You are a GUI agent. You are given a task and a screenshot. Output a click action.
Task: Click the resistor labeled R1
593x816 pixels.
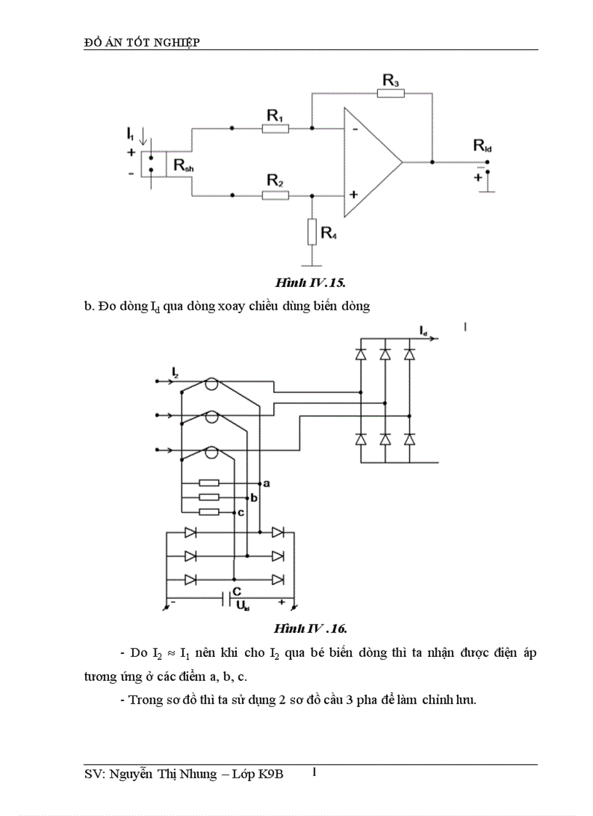pyautogui.click(x=275, y=129)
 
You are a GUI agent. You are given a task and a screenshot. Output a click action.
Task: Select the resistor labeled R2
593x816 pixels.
pyautogui.click(x=275, y=195)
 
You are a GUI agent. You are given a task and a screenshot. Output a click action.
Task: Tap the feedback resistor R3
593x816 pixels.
pyautogui.click(x=391, y=93)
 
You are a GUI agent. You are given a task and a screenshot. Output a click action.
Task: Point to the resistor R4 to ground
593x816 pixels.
pyautogui.click(x=312, y=233)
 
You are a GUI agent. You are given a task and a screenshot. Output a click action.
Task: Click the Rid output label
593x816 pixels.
pyautogui.click(x=483, y=145)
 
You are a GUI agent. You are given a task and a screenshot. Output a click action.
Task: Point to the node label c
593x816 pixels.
pyautogui.click(x=240, y=514)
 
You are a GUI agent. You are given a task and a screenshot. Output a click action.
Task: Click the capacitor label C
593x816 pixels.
pyautogui.click(x=237, y=591)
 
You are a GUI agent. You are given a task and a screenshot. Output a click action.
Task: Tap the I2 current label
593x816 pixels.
pyautogui.click(x=175, y=373)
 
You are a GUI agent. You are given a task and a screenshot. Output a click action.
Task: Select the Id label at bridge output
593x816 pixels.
pyautogui.click(x=423, y=331)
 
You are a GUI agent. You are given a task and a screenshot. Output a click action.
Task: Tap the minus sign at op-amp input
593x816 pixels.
pyautogui.click(x=354, y=129)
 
